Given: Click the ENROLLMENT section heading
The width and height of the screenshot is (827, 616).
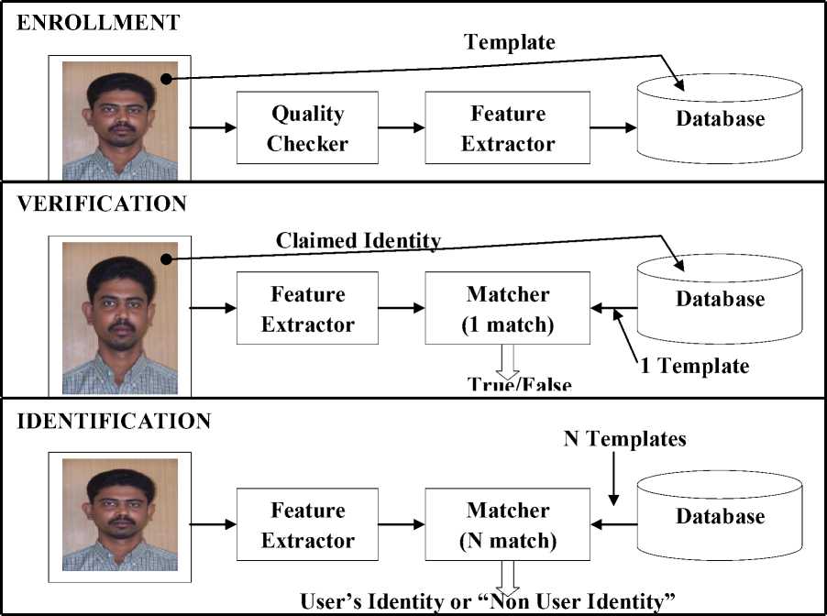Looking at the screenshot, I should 99,23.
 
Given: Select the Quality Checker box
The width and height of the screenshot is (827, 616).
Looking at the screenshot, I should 307,128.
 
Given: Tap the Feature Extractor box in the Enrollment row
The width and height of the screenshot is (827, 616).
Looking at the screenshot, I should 508,128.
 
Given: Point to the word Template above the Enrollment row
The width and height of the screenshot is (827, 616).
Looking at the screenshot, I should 510,41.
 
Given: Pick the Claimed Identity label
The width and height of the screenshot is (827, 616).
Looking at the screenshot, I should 358,240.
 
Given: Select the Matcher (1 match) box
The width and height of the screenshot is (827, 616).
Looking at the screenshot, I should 508,309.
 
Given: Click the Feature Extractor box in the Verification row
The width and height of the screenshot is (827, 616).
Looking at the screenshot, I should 307,309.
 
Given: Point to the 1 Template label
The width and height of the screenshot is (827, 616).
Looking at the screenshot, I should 694,366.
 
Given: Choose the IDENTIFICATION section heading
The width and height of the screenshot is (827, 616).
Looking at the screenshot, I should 115,422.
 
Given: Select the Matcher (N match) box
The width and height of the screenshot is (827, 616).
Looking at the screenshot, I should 508,525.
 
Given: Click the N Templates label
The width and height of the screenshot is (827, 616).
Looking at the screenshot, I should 624,439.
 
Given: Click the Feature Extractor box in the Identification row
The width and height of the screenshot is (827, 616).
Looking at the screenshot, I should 307,525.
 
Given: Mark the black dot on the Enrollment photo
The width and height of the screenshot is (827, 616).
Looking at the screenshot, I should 166,80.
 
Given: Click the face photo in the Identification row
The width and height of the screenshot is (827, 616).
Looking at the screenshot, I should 120,518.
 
